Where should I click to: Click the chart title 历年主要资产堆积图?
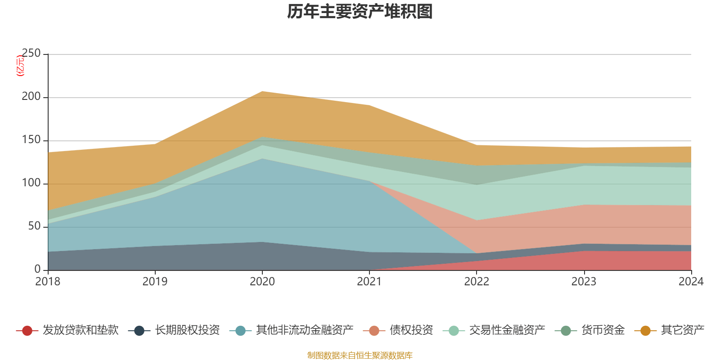click(360, 12)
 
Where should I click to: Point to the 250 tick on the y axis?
click(31, 54)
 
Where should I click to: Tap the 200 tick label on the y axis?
click(31, 97)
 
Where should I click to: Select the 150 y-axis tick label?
click(31, 140)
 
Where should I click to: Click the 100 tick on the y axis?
click(31, 183)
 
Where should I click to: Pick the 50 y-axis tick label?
click(34, 226)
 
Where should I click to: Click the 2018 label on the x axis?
click(48, 282)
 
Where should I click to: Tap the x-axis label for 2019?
click(155, 282)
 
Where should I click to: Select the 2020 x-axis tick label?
click(262, 282)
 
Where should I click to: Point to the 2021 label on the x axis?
click(369, 282)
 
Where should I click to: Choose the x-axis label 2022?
click(477, 282)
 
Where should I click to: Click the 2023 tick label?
click(584, 282)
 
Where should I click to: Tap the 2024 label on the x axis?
click(691, 282)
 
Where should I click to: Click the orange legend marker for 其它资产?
click(645, 331)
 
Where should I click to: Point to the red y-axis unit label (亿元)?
click(20, 66)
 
